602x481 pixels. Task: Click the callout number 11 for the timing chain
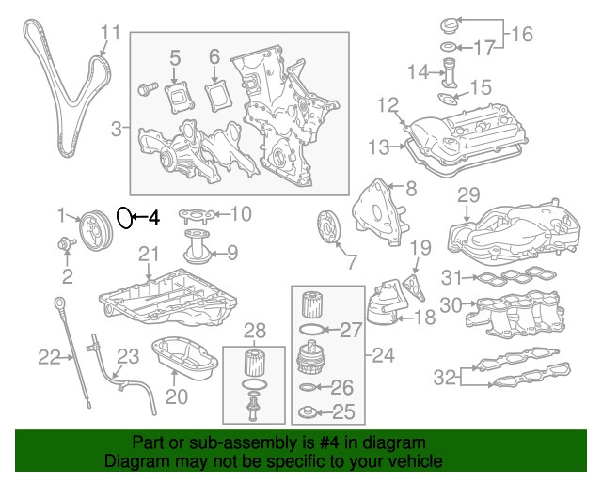(110, 35)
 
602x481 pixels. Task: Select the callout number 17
(482, 46)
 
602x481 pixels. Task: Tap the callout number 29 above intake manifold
(467, 195)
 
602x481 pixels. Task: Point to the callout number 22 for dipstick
(48, 356)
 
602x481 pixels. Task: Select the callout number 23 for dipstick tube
(127, 356)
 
